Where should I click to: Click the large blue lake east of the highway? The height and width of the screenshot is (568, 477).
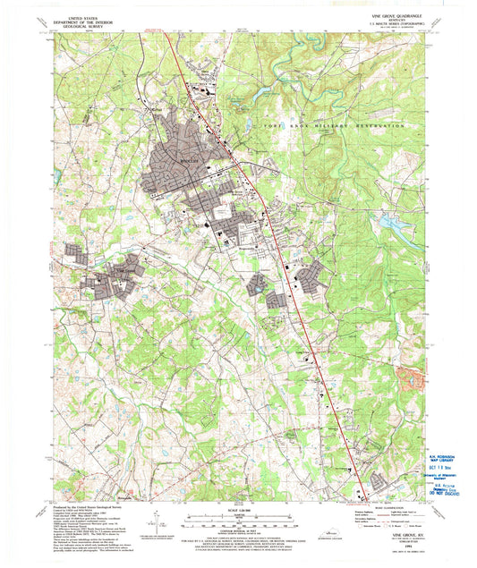[x=393, y=225]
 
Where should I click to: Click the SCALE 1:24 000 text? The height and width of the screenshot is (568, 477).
[x=238, y=511]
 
